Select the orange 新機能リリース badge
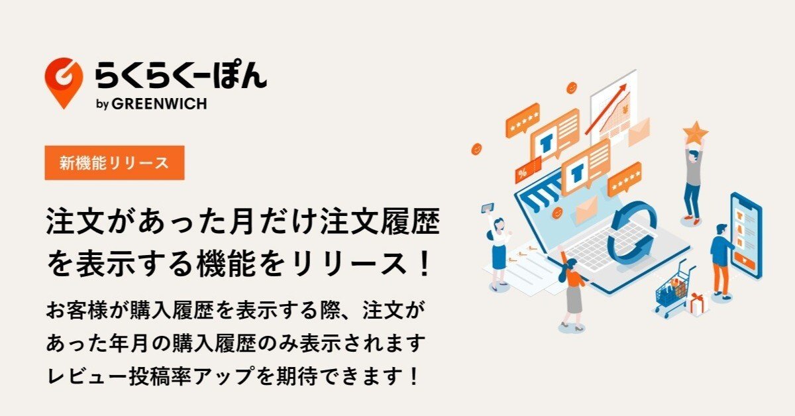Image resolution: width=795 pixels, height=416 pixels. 114,163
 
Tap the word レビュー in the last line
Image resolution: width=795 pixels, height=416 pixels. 83,377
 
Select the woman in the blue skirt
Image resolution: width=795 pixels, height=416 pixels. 498,248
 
